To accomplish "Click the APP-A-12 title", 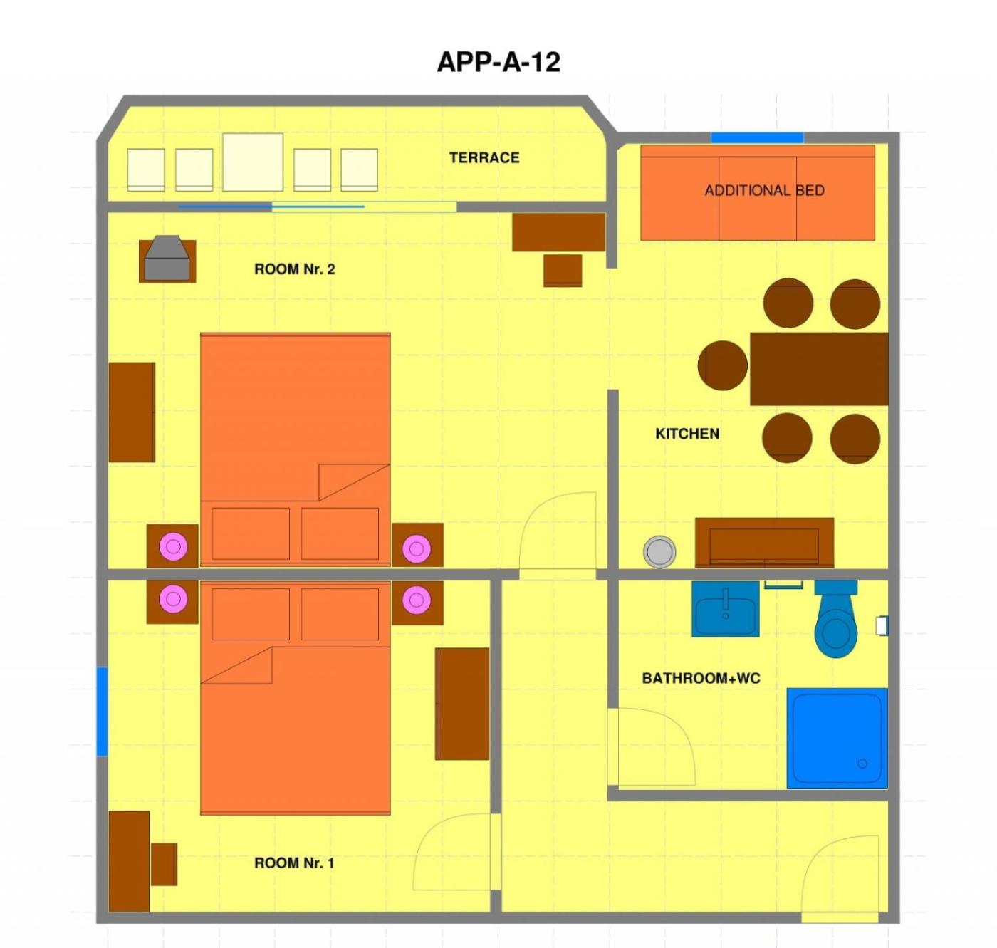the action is pyautogui.click(x=498, y=63).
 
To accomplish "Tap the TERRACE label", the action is pyautogui.click(x=484, y=157).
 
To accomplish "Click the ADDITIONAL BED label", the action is pyautogui.click(x=764, y=191).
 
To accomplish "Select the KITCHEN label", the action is pyautogui.click(x=687, y=434).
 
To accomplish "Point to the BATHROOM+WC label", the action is pyautogui.click(x=701, y=678).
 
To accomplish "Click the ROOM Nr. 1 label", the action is pyautogui.click(x=294, y=863).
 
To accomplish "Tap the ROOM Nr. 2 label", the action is pyautogui.click(x=295, y=269).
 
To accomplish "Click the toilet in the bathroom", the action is pyautogui.click(x=836, y=618).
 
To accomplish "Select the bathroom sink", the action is pyautogui.click(x=725, y=609).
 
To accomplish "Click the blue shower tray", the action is pyautogui.click(x=837, y=738).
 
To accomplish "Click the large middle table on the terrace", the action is pyautogui.click(x=253, y=162).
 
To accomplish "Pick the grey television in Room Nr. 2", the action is pyautogui.click(x=167, y=258).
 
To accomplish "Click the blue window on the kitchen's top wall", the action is pyautogui.click(x=757, y=137).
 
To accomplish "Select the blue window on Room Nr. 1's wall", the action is pyautogui.click(x=102, y=711).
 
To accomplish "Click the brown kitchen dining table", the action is pyautogui.click(x=819, y=369).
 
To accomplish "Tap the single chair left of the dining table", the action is pyautogui.click(x=723, y=365).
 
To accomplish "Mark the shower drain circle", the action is pyautogui.click(x=862, y=764).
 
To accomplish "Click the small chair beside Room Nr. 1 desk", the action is pyautogui.click(x=164, y=864).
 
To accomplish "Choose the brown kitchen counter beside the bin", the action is pyautogui.click(x=764, y=543).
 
